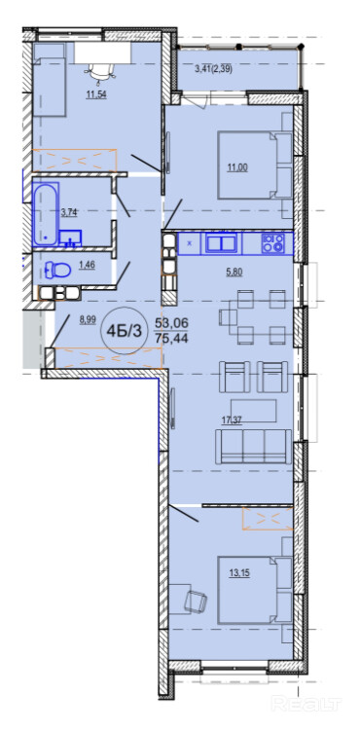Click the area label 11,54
[94, 95]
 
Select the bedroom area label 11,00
[236, 168]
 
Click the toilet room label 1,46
[86, 266]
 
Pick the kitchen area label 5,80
[234, 273]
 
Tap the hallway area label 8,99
[89, 320]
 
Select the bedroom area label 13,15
[239, 572]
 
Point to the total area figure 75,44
[171, 339]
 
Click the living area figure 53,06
[171, 322]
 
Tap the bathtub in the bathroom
[46, 214]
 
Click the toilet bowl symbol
[57, 269]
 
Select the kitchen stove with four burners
[273, 243]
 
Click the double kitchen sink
[223, 243]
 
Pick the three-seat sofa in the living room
[253, 447]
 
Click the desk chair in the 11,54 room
[100, 72]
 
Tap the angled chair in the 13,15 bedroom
[196, 602]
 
